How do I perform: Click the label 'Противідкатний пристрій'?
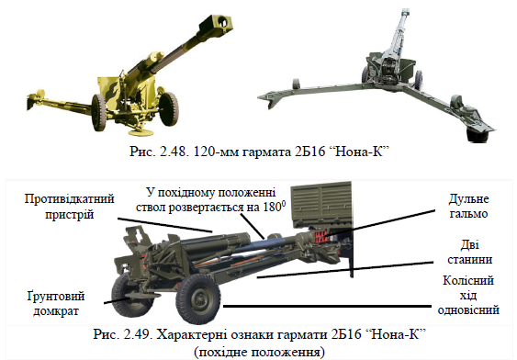point(69,207)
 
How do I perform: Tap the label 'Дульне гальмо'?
point(468,206)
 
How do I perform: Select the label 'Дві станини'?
point(469,253)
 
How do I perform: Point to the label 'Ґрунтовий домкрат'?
point(56,304)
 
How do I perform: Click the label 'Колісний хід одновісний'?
point(468,295)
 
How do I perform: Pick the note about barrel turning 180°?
point(210,200)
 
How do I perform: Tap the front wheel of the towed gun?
point(197,298)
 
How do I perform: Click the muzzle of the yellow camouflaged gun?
point(220,24)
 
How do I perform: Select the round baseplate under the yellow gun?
point(140,132)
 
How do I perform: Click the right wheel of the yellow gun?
point(168,107)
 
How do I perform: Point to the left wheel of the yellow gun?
point(99,112)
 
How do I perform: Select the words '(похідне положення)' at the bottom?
point(259,352)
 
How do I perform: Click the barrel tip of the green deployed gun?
point(405,13)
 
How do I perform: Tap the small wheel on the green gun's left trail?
point(295,84)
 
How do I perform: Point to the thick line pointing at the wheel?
point(328,306)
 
